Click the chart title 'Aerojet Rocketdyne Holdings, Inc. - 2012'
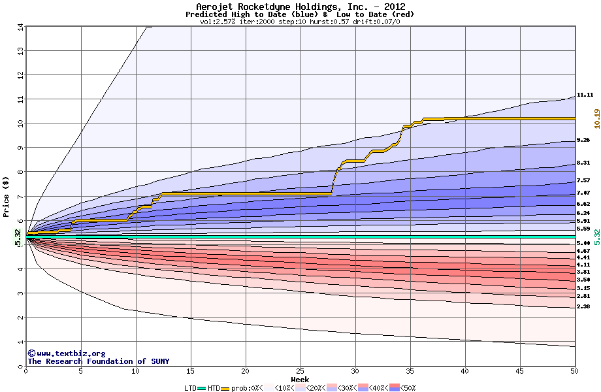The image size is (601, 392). point(300,7)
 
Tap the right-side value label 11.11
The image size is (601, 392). point(584,95)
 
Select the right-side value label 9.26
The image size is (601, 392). point(584,140)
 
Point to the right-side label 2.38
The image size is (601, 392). point(584,306)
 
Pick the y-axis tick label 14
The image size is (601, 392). point(20,27)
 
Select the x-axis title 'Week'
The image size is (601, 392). point(300,379)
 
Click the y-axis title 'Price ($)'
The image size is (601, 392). point(6,196)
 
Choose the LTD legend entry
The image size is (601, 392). point(190,388)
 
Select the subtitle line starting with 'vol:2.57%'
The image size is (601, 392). point(300,22)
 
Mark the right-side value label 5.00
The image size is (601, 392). point(584,242)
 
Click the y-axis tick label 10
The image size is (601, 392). point(20,123)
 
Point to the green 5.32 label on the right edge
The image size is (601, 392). point(596,236)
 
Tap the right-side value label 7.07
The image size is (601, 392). point(584,193)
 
